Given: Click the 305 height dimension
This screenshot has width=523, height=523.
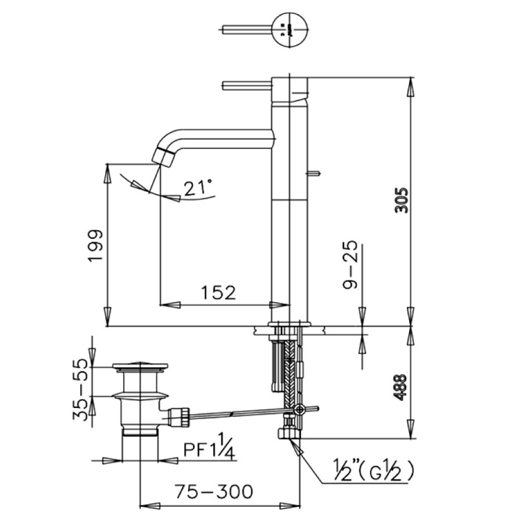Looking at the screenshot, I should point(402,200).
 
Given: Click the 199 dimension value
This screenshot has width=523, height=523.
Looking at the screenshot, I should point(96,246).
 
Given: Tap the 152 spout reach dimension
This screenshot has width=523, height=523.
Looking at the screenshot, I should point(218,292).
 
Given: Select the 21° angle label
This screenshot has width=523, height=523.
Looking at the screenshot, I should point(197,187).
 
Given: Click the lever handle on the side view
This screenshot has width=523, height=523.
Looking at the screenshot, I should point(245,86).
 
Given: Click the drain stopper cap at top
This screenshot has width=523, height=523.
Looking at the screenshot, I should point(140,367).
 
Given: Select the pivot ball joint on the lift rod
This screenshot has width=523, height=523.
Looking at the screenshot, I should point(299,410).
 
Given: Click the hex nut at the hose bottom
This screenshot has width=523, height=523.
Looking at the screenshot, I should point(288,434).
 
